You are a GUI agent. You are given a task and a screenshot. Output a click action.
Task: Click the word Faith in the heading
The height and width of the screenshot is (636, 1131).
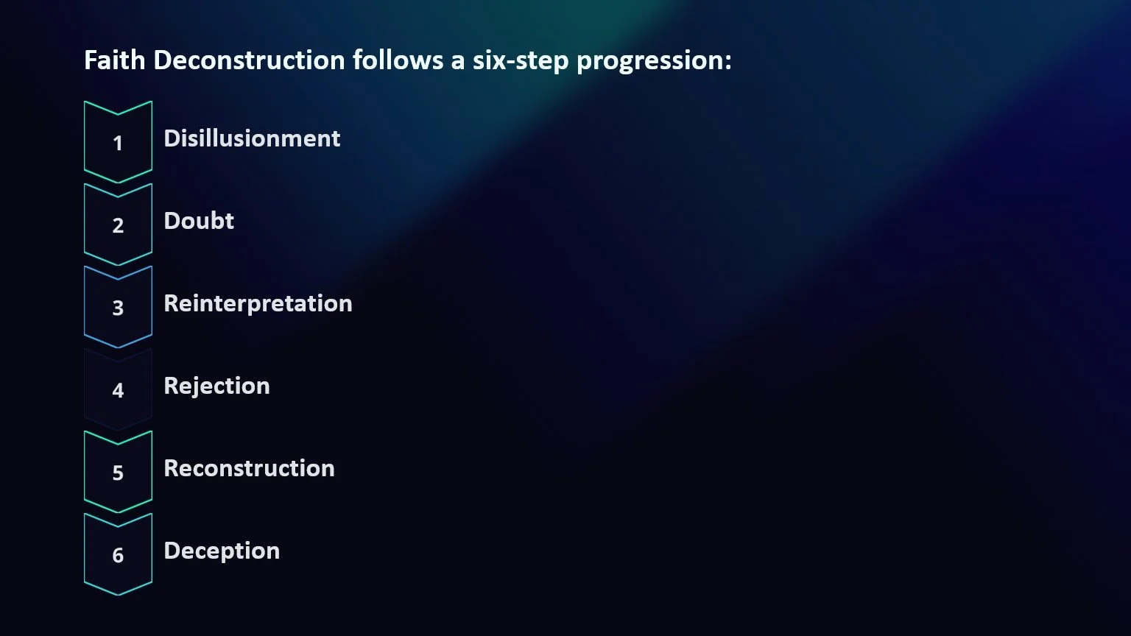point(115,60)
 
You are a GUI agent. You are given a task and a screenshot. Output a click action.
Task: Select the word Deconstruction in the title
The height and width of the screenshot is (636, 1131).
point(249,60)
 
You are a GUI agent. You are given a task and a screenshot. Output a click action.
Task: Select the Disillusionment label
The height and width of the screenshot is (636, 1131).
point(252,138)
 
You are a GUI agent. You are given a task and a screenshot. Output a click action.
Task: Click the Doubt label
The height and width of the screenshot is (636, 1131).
point(199,221)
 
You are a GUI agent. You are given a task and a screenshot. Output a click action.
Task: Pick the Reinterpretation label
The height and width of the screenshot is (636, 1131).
point(258,303)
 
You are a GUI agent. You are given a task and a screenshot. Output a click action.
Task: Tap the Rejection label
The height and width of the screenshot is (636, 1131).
point(216,386)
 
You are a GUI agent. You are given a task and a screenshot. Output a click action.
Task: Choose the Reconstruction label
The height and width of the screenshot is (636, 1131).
point(249,468)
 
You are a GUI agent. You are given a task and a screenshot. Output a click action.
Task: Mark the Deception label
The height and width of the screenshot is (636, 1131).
point(222,551)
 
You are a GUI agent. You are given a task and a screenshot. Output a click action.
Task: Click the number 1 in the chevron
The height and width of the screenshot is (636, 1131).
point(118,144)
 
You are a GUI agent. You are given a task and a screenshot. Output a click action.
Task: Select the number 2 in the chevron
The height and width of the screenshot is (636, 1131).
point(118,226)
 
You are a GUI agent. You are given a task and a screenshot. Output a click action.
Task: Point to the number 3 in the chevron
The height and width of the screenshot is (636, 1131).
point(118,308)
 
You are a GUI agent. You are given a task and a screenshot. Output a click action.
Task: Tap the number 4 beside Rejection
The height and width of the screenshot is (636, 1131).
point(118,391)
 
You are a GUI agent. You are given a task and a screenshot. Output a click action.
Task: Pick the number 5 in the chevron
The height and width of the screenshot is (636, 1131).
point(118,473)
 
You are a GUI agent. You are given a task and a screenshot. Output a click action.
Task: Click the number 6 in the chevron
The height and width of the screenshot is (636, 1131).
point(118,556)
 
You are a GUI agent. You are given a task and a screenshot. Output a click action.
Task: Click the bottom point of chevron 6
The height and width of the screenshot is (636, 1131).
point(118,594)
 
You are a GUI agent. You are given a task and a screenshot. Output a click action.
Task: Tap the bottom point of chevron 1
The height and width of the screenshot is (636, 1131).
point(118,182)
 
